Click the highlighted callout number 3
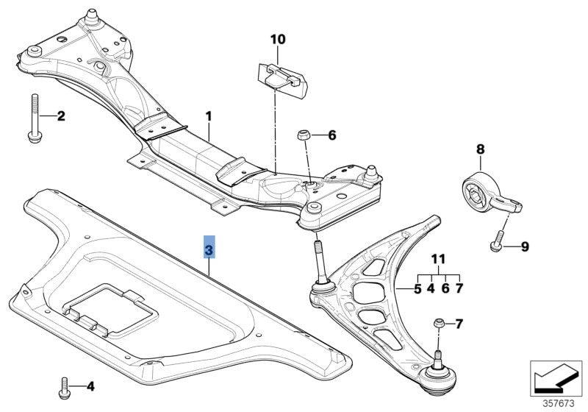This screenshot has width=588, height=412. pyautogui.click(x=209, y=251)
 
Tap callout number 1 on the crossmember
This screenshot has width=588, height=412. pyautogui.click(x=209, y=116)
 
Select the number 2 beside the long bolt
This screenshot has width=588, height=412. pyautogui.click(x=61, y=116)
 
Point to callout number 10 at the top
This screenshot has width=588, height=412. pyautogui.click(x=278, y=38)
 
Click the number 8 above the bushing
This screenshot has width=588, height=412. pyautogui.click(x=481, y=149)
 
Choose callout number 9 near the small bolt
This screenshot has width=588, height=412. pyautogui.click(x=525, y=246)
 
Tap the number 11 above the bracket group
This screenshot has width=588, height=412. pyautogui.click(x=439, y=259)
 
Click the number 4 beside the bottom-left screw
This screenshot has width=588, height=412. pyautogui.click(x=90, y=386)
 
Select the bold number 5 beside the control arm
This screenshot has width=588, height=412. pyautogui.click(x=417, y=289)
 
